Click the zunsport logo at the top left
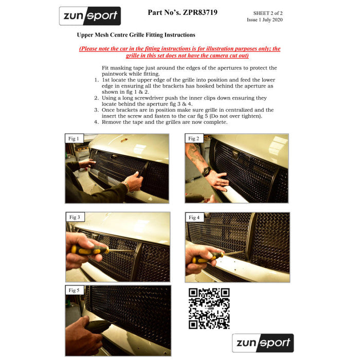pos(90,16)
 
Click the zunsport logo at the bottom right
pos(263,343)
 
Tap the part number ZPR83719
pos(200,12)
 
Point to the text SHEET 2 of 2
pos(268,13)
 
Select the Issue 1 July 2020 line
pos(265,20)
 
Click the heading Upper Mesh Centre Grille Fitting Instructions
pos(136,35)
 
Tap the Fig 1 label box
pos(74,138)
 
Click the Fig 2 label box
pos(194,138)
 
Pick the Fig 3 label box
pos(75,217)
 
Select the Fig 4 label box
pos(194,217)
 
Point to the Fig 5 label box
pos(75,290)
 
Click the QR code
pos(209,309)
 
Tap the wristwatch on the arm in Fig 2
pos(206,171)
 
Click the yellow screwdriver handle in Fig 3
pos(89,250)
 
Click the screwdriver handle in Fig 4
pos(207,258)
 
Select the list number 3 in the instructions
pos(97,110)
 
